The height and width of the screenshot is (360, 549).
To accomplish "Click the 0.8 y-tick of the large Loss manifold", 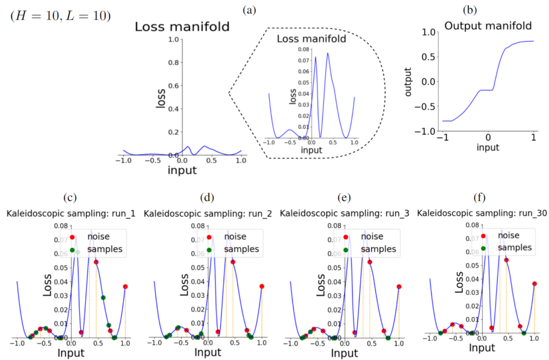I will click(173, 63).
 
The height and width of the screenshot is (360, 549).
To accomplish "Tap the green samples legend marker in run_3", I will click(346, 249).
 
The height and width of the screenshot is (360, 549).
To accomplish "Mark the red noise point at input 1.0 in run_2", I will click(262, 286).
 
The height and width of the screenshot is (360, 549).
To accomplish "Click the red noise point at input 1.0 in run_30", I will click(534, 283).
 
